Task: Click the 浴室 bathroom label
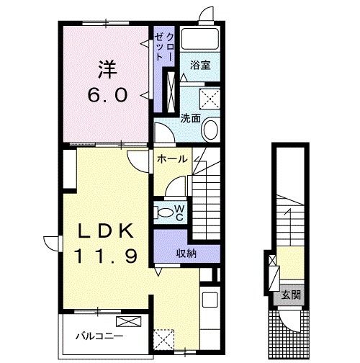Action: click(x=200, y=66)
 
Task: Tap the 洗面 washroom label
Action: click(x=191, y=118)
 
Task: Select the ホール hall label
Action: click(x=172, y=159)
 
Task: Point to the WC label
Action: click(x=179, y=213)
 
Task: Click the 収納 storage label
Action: click(x=186, y=254)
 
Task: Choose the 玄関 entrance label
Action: click(x=291, y=295)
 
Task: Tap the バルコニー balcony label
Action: click(x=99, y=336)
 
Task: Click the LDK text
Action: click(x=105, y=230)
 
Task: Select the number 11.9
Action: click(x=106, y=256)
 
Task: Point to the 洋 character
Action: click(x=107, y=70)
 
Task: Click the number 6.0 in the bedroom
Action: click(x=107, y=95)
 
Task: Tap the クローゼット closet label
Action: click(x=164, y=47)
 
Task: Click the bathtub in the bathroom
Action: click(x=200, y=39)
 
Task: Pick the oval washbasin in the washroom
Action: click(x=211, y=129)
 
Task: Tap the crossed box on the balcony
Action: click(x=128, y=321)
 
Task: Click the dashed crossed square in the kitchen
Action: click(x=163, y=339)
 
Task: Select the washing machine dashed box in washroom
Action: click(x=210, y=99)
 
